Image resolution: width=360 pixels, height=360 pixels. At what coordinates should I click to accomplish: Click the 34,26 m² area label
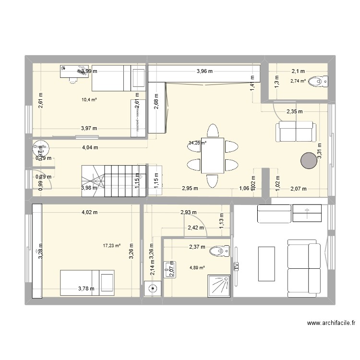point(197,143)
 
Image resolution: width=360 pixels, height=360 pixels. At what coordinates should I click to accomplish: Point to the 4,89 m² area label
point(197,268)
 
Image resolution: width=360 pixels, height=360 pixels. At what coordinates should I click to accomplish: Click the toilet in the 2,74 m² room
point(318,82)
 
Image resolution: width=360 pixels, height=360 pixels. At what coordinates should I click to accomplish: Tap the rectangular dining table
point(212,156)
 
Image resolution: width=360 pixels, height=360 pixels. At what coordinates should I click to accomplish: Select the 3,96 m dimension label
point(204,71)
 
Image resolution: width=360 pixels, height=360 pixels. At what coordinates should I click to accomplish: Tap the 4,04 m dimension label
point(89,147)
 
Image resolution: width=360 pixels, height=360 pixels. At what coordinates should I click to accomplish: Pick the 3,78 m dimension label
point(87,288)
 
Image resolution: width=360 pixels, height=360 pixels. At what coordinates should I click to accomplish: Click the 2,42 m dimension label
point(196,228)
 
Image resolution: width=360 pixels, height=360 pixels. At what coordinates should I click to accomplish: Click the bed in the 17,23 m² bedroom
point(88,283)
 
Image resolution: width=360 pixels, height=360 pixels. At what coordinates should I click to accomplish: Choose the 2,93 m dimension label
point(188,212)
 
